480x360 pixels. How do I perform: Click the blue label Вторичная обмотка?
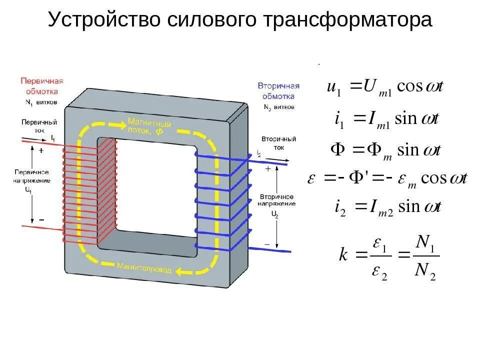coord(278,91)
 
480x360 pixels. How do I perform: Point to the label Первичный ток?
coord(39,125)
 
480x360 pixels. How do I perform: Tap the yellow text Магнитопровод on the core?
coord(145,267)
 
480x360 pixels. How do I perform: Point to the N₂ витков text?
coord(278,107)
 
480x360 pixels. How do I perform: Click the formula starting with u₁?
coord(385,86)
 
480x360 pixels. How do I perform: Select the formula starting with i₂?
coord(387,207)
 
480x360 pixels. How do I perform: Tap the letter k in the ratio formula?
coord(343,255)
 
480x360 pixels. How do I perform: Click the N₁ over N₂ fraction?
coord(424,256)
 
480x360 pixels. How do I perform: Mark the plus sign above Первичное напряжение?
coord(41,149)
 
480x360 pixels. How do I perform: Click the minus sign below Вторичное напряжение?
coord(267,244)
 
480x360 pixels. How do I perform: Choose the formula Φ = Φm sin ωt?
coord(385,149)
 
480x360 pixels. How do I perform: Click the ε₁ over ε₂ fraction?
coord(380,256)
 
